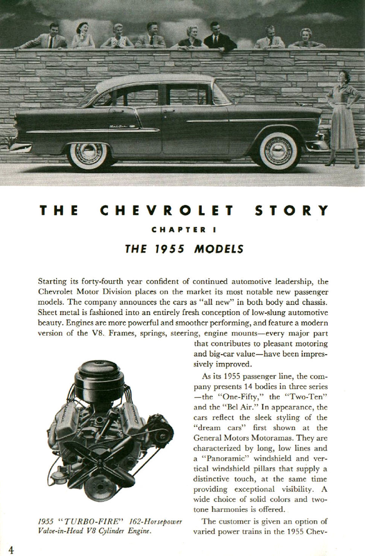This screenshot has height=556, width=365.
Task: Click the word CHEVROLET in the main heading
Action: pos(167,210)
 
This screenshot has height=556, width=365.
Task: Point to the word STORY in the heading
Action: pos(292,210)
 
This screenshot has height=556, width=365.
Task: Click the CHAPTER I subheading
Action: pos(183,230)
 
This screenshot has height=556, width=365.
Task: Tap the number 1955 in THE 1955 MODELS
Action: pos(170,249)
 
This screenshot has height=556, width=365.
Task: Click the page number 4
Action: pos(11,550)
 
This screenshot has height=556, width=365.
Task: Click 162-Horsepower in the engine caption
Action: pos(155,522)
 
